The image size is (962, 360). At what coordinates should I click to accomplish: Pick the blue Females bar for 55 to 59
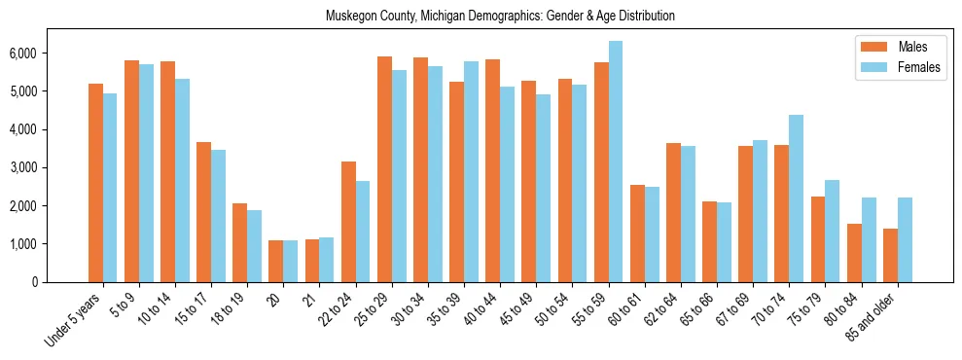pyautogui.click(x=616, y=162)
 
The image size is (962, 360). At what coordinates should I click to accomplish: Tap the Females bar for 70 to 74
pyautogui.click(x=796, y=198)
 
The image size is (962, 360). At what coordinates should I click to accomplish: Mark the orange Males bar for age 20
pyautogui.click(x=276, y=262)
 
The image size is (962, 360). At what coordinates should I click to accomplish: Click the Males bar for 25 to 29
pyautogui.click(x=384, y=169)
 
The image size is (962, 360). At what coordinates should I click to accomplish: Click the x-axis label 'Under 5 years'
pyautogui.click(x=76, y=320)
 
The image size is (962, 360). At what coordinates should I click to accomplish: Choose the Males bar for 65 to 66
pyautogui.click(x=709, y=242)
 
